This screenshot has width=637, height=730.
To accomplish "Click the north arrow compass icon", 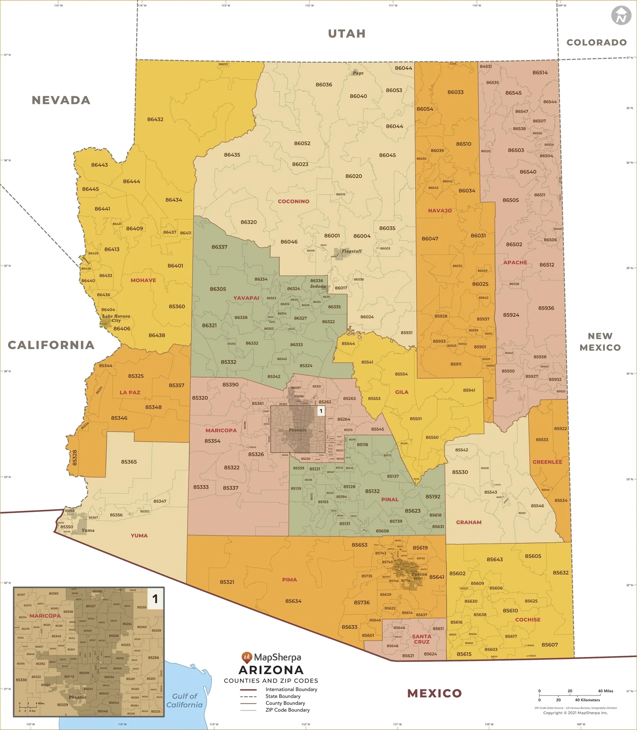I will coord(621,15).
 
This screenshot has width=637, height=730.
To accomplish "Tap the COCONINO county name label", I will coord(293,201).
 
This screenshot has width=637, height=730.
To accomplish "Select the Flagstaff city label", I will coord(351,251).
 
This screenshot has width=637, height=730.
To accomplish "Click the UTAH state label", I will coord(346,34).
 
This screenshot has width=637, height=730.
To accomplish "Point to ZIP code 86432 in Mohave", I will coord(155,119).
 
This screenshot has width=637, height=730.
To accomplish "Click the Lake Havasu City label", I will coord(116,318).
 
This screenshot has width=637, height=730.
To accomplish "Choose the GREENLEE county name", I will coord(547,462).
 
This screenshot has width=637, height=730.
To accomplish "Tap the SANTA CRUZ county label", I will coord(421,639).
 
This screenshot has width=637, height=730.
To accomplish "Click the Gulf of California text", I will coord(184,700).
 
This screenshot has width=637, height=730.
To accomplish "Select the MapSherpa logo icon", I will coord(247,657).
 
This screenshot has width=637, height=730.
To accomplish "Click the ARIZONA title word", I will coord(271,670).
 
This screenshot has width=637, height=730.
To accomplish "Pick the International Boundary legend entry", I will coord(291,689).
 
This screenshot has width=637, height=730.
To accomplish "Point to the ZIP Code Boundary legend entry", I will coord(287,710).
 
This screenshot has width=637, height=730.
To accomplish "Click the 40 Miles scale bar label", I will coord(605,691).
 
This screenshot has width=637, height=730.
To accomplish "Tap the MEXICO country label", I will coord(434,693).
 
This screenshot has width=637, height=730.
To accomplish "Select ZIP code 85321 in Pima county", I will coord(227,582).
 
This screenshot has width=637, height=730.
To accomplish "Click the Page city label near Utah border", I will coord(358,73).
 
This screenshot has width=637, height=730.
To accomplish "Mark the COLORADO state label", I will coord(596,43).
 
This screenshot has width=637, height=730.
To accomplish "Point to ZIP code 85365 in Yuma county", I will coord(129,462).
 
